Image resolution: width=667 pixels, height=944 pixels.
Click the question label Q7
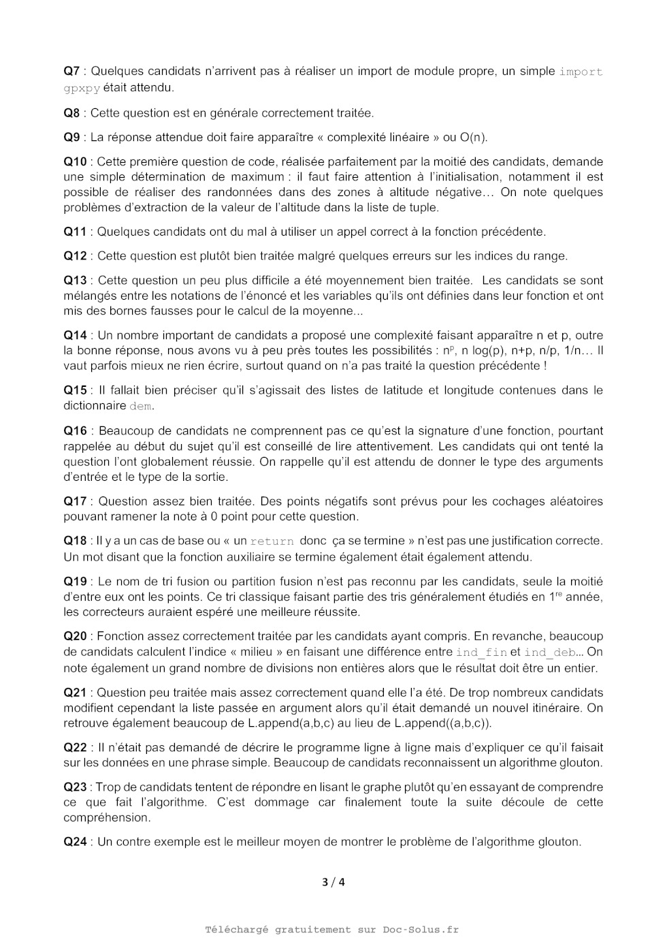click(71, 71)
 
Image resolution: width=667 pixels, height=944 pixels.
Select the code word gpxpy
click(82, 88)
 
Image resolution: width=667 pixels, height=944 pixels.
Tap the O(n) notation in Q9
click(473, 137)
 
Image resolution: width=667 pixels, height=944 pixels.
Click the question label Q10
click(75, 161)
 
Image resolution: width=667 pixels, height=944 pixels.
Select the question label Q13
click(75, 280)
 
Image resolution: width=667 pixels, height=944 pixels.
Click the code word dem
click(141, 406)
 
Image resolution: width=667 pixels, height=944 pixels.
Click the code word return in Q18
click(272, 541)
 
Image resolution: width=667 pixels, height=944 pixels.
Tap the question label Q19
click(75, 581)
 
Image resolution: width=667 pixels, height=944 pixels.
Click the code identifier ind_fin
click(481, 652)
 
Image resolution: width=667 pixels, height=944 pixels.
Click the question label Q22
click(75, 747)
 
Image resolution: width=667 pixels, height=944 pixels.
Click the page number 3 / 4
click(333, 882)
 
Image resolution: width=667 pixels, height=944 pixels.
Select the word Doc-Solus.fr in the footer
click(421, 930)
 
